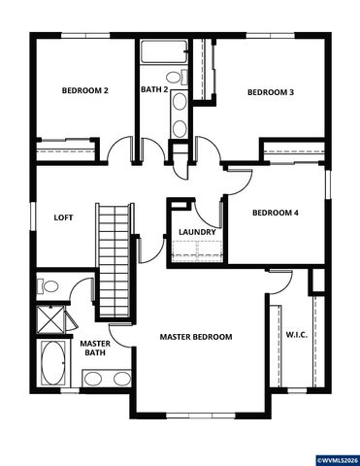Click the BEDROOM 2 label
pyautogui.click(x=84, y=90)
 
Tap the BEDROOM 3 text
pyautogui.click(x=270, y=92)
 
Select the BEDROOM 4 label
pyautogui.click(x=275, y=213)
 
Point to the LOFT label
pyautogui.click(x=63, y=217)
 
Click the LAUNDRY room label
pyautogui.click(x=195, y=232)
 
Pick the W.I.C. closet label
pyautogui.click(x=297, y=336)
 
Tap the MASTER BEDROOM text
pyautogui.click(x=196, y=337)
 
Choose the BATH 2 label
pyautogui.click(x=154, y=90)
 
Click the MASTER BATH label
pyautogui.click(x=94, y=349)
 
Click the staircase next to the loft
pyautogui.click(x=114, y=257)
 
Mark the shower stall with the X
pyautogui.click(x=50, y=318)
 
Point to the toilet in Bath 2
pyautogui.click(x=173, y=77)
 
